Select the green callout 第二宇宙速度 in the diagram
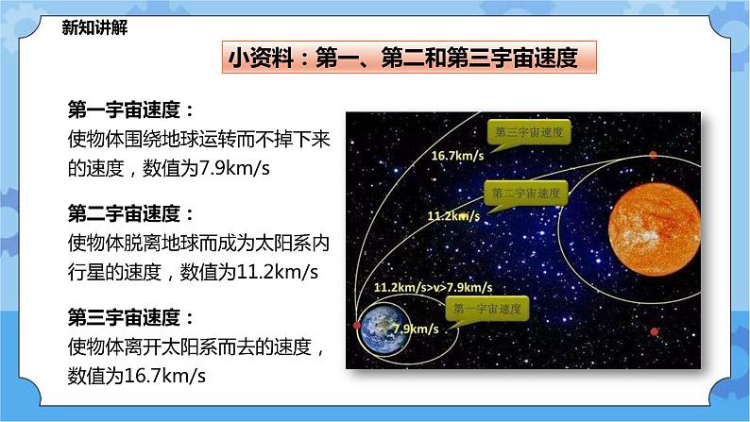(x=527, y=193)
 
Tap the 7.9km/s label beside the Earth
(x=415, y=329)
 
